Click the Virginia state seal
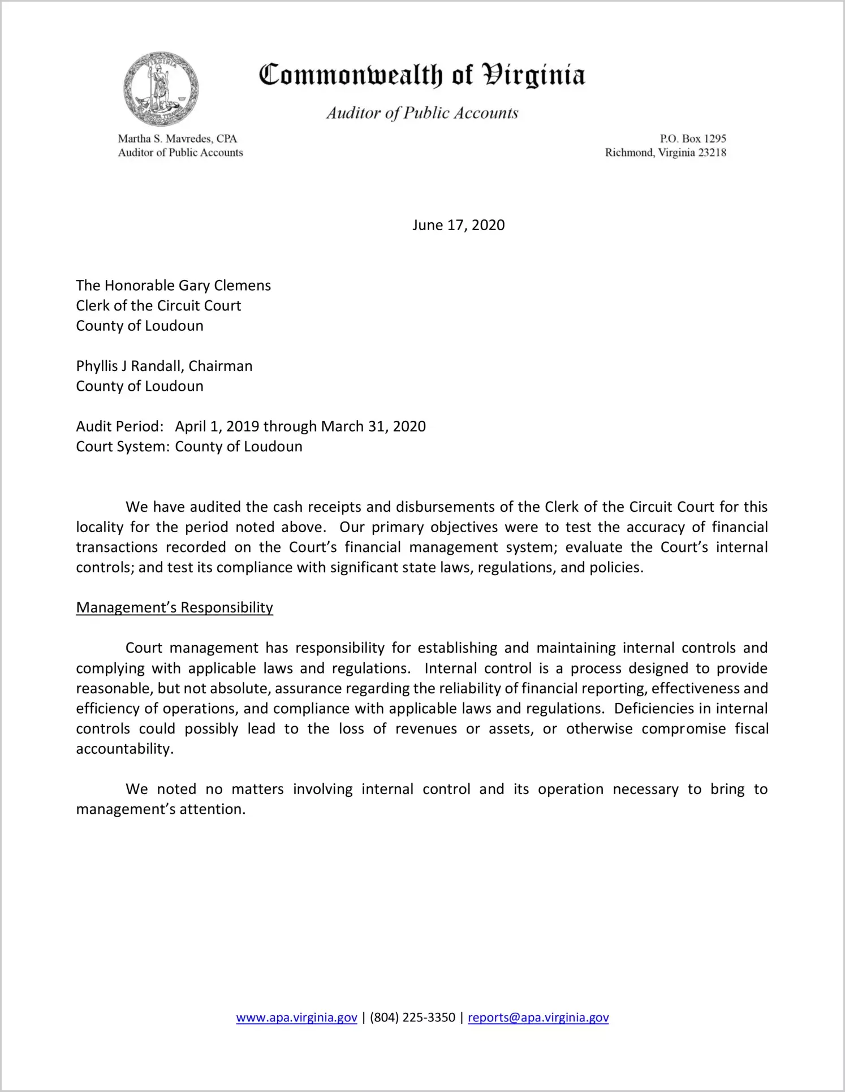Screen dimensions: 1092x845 click(161, 89)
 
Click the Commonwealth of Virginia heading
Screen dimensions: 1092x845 click(422, 75)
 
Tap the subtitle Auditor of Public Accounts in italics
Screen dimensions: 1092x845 click(422, 113)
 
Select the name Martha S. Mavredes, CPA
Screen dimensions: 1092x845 click(177, 139)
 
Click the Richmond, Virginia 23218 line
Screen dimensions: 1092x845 click(665, 153)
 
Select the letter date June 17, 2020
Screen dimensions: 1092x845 click(458, 225)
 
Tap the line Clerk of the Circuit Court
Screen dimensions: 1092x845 click(158, 306)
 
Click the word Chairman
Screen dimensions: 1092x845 click(221, 366)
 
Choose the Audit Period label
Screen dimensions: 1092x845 click(119, 426)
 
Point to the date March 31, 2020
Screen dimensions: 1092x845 click(373, 426)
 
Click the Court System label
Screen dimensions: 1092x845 click(122, 447)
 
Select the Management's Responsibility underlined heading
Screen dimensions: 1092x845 click(174, 608)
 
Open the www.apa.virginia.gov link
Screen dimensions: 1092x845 click(296, 1018)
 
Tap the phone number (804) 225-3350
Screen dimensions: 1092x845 click(412, 1018)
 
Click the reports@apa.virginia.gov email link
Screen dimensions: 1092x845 click(538, 1018)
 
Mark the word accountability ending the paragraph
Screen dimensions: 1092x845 click(124, 749)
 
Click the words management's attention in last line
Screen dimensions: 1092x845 click(161, 810)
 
